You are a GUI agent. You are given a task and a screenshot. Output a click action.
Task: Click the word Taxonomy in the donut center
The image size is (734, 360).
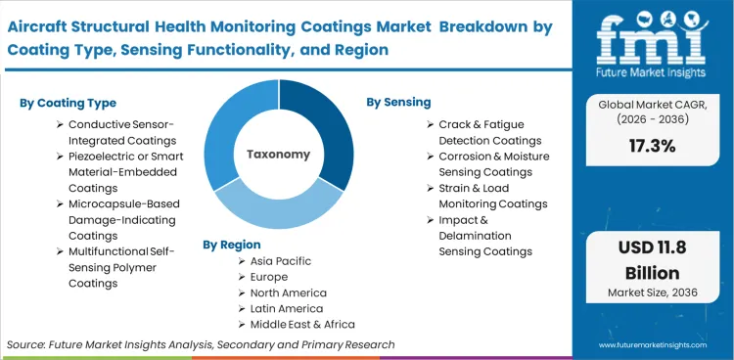click(x=278, y=155)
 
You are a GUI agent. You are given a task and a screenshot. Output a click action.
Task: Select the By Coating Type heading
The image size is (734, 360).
click(x=67, y=103)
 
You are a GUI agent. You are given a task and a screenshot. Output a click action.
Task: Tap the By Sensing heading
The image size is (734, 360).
click(x=398, y=102)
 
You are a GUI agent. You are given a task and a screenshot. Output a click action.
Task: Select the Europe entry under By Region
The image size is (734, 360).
click(x=271, y=277)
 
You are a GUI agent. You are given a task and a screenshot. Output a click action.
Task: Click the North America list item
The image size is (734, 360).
click(x=289, y=292)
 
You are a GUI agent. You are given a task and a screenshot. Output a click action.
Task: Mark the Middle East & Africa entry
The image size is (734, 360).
click(x=302, y=324)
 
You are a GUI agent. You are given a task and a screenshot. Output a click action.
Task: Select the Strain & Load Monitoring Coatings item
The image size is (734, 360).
click(x=492, y=196)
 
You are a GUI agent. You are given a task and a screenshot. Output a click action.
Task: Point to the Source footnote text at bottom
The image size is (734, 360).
click(x=201, y=344)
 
